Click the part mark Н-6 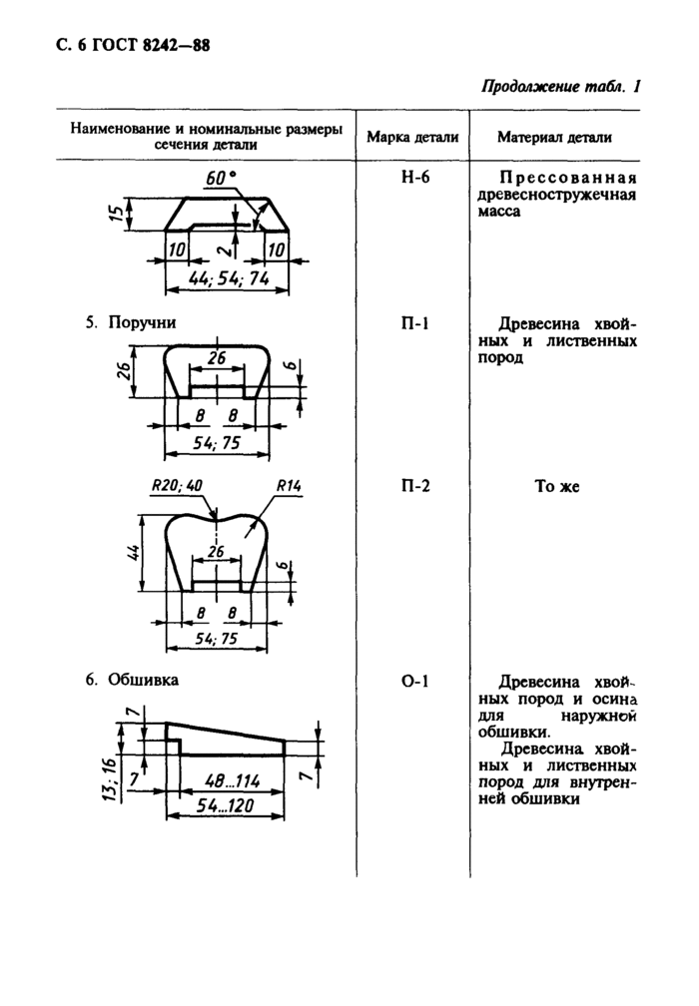click(x=414, y=177)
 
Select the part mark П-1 click(x=414, y=323)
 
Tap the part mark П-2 click(x=414, y=486)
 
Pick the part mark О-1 click(x=414, y=680)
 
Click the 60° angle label click(x=221, y=178)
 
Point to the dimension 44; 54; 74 click(x=228, y=278)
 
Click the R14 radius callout click(x=289, y=486)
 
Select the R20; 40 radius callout click(x=177, y=486)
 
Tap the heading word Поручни click(x=142, y=322)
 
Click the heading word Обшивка click(x=143, y=680)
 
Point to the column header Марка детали click(x=412, y=137)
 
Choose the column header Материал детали click(x=554, y=137)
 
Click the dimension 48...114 click(x=232, y=780)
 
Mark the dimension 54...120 click(x=225, y=805)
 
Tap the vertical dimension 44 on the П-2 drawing click(x=133, y=553)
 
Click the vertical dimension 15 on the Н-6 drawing click(x=116, y=214)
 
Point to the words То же click(x=557, y=486)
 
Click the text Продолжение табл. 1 click(x=561, y=87)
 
